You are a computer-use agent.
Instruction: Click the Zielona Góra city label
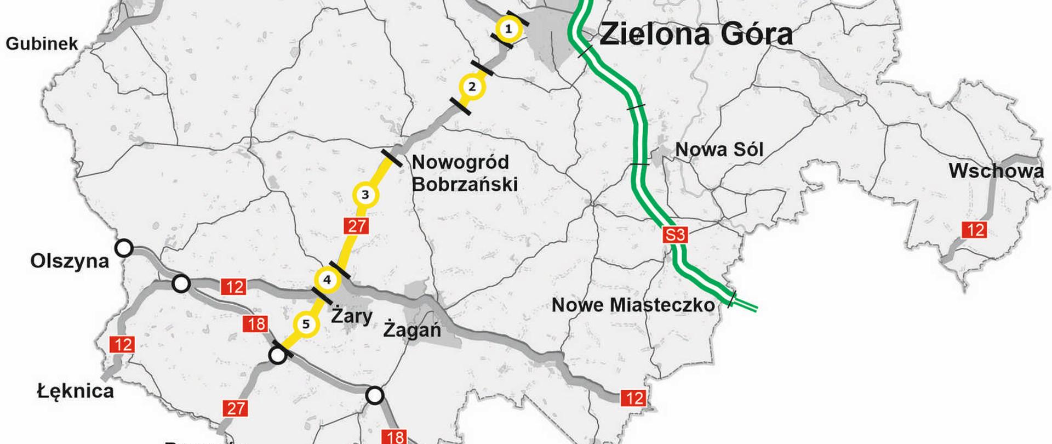pyautogui.click(x=696, y=34)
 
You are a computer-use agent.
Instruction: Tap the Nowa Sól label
pyautogui.click(x=719, y=149)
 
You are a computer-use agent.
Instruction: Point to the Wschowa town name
pyautogui.click(x=996, y=171)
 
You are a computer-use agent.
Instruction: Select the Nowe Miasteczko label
pyautogui.click(x=633, y=305)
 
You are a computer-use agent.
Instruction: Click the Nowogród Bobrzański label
pyautogui.click(x=464, y=173)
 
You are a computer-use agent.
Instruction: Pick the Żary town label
pyautogui.click(x=352, y=316)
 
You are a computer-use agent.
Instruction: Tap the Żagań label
pyautogui.click(x=412, y=330)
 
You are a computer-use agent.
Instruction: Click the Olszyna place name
pyautogui.click(x=70, y=261)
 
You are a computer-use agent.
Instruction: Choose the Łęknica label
pyautogui.click(x=76, y=391)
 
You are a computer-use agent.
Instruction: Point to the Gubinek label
pyautogui.click(x=42, y=44)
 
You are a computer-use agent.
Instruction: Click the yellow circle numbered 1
pyautogui.click(x=508, y=29)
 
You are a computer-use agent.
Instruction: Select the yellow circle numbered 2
pyautogui.click(x=472, y=87)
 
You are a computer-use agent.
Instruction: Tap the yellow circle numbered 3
pyautogui.click(x=365, y=195)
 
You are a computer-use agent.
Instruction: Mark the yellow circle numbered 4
pyautogui.click(x=327, y=280)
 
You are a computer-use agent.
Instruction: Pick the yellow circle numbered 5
pyautogui.click(x=306, y=325)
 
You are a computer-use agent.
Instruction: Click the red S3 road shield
pyautogui.click(x=675, y=235)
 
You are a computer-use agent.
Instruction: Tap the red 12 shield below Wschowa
pyautogui.click(x=975, y=230)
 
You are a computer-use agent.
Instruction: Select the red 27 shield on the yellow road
pyautogui.click(x=356, y=225)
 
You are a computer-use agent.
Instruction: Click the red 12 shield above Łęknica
pyautogui.click(x=122, y=345)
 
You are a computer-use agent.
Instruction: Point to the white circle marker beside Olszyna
pyautogui.click(x=124, y=248)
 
